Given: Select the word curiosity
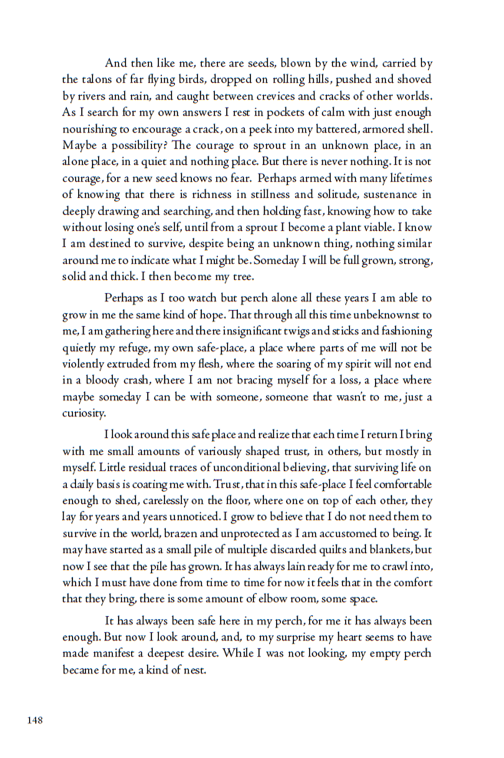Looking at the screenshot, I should tap(83, 414).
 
